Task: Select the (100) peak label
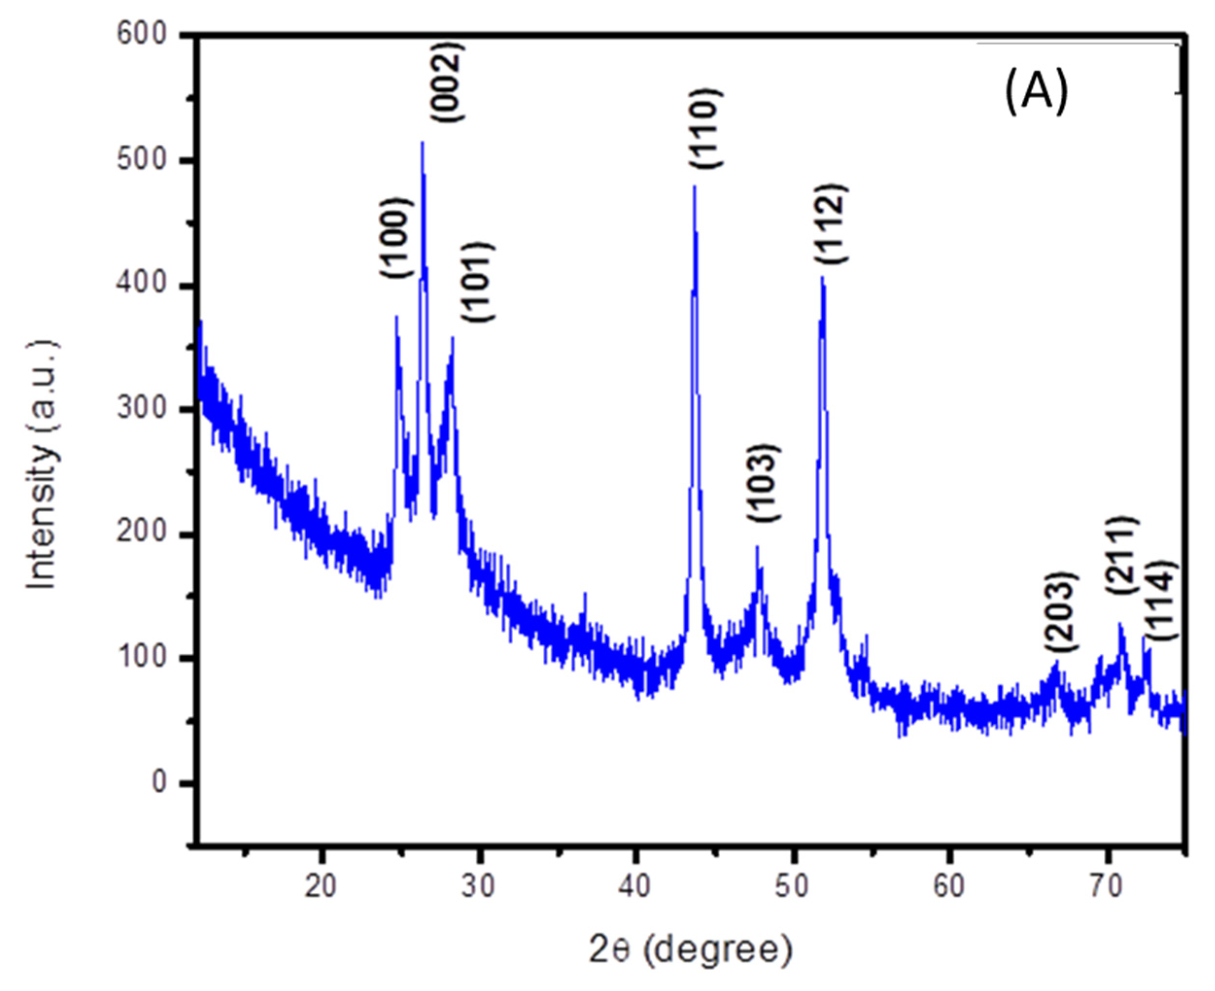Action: click(395, 237)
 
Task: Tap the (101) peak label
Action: click(478, 282)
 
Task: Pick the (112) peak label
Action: click(831, 224)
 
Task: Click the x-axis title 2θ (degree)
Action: click(691, 950)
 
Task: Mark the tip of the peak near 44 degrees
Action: click(694, 185)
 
